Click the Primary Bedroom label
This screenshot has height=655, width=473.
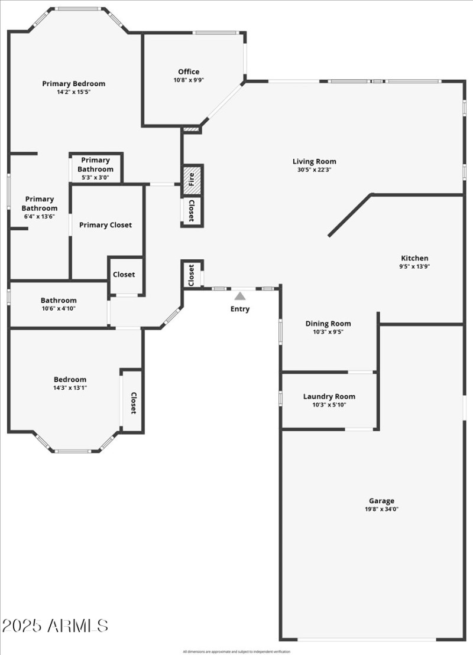73,84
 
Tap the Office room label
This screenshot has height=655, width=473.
189,72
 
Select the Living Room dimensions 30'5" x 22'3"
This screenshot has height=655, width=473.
315,170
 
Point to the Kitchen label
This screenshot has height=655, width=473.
414,258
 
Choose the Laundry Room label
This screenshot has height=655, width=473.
329,396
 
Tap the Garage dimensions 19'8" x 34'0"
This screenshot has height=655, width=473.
381,509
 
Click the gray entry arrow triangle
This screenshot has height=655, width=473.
239,296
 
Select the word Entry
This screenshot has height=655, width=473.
240,309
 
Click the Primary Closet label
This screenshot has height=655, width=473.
105,225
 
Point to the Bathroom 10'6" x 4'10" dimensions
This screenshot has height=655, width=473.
59,308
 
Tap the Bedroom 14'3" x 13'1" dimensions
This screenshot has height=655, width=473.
70,387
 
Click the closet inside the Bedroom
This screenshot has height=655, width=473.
133,402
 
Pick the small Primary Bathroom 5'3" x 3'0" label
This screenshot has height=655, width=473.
95,177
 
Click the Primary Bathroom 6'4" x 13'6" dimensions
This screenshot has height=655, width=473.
40,216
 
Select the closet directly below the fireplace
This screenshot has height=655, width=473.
192,211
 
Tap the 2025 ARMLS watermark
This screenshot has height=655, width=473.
55,626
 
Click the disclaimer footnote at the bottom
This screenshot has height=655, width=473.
237,651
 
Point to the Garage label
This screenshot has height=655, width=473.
381,501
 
